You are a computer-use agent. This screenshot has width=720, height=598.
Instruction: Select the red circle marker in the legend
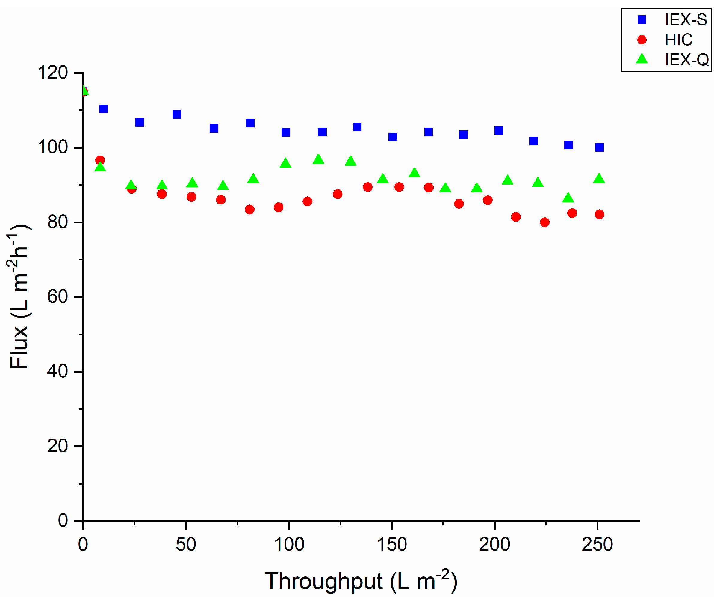click(642, 40)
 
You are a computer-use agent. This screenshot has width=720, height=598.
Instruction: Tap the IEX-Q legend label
click(686, 60)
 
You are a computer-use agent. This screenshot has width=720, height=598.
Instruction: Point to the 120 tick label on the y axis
click(52, 73)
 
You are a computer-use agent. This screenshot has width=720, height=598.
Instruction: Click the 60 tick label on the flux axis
click(57, 296)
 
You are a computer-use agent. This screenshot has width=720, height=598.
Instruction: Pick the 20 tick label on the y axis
click(57, 446)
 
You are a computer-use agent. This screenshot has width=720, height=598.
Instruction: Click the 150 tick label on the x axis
click(391, 544)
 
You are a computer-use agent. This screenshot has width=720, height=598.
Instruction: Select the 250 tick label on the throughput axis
click(597, 544)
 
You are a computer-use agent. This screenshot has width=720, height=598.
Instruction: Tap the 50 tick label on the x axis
click(186, 544)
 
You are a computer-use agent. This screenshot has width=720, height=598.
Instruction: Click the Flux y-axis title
click(19, 297)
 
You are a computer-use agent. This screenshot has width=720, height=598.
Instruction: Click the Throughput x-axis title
click(361, 581)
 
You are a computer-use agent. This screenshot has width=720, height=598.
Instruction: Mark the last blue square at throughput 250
click(599, 147)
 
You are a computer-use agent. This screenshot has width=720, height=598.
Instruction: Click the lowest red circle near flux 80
click(544, 222)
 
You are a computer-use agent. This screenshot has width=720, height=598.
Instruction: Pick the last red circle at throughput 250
click(599, 214)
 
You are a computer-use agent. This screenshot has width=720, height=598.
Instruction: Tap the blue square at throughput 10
click(103, 109)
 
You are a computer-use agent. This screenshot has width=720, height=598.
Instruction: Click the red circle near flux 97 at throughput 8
click(100, 160)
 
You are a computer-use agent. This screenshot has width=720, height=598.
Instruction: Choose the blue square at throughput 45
click(177, 114)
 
